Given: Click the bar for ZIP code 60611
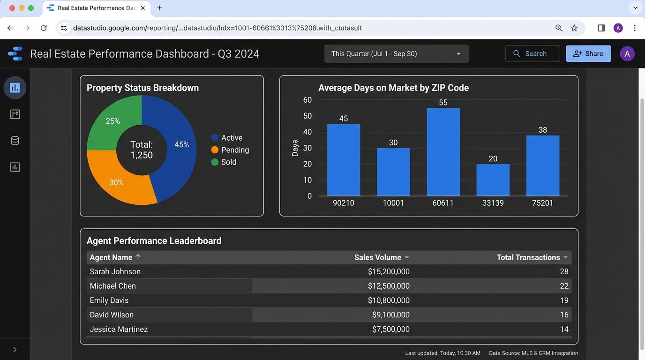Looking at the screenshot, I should point(443,152).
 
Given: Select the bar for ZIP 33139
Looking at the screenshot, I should point(493,180).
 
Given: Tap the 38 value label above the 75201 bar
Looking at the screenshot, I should point(542,130).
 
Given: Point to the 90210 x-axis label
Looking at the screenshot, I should point(344,203).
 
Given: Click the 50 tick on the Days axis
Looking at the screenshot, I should point(307,116).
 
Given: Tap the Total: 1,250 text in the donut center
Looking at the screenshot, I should point(142,150).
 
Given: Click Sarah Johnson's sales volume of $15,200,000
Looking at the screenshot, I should point(389,271).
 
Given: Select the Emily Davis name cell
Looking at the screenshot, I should point(109,300).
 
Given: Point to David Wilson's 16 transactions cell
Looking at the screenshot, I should point(564,315).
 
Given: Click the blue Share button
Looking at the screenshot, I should point(588,53).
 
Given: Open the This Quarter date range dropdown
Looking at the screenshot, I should point(396,53).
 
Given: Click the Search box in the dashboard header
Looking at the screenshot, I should point(532,53).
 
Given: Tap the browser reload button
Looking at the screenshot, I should point(44,28).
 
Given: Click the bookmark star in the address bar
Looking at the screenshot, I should point(574,28).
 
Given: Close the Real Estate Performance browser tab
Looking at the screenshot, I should point(143,8).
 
